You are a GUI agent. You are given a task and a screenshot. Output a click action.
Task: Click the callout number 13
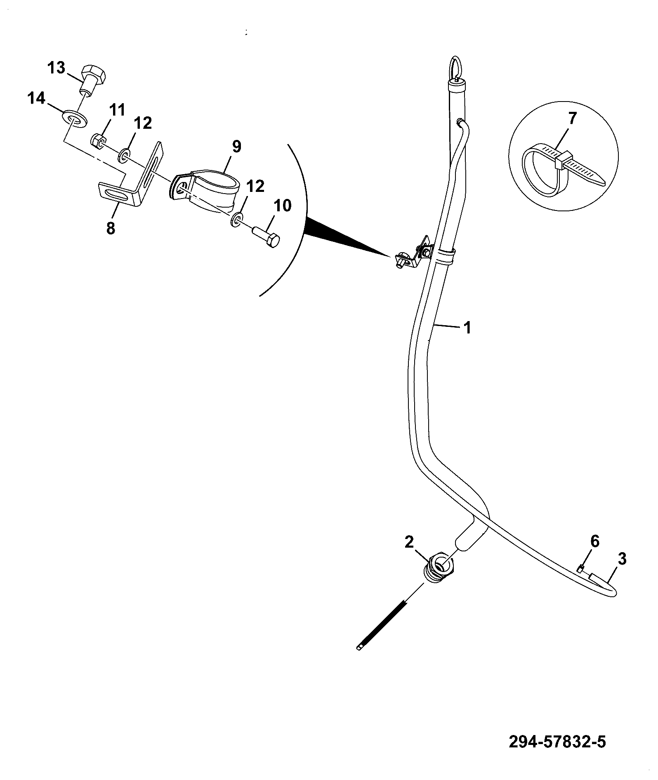[56, 68]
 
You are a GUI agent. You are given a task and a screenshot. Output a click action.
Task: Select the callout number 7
[572, 119]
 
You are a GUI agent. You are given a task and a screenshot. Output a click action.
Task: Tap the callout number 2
[409, 542]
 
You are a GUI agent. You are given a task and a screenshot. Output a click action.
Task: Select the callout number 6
[595, 541]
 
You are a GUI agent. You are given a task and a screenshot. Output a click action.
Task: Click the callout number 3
[623, 559]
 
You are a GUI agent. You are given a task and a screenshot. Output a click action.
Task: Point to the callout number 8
[111, 228]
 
